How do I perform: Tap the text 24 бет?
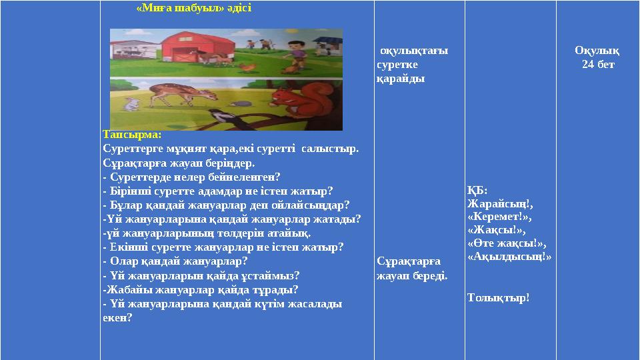coord(598,64)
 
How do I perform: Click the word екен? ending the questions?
coord(118,318)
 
